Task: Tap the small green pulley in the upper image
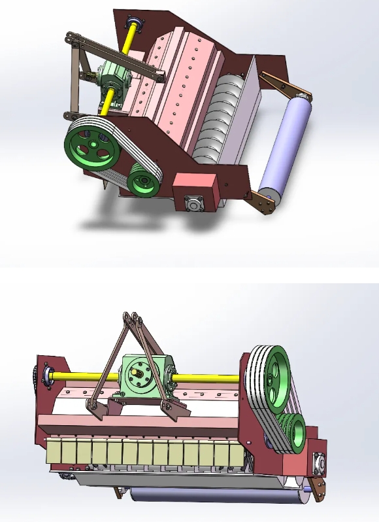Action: point(143,179)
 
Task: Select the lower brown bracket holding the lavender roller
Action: point(265,201)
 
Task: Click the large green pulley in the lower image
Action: point(271,375)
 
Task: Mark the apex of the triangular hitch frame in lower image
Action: point(133,319)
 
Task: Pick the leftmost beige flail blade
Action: point(55,452)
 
